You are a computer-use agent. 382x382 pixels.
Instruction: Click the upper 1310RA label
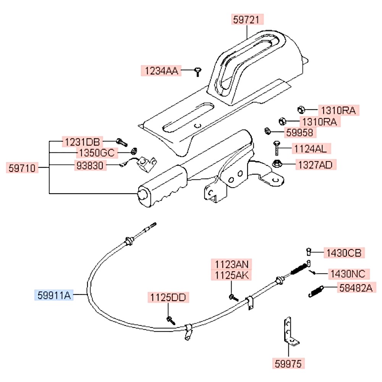click(338, 111)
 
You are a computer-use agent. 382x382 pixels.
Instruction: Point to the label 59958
click(299, 133)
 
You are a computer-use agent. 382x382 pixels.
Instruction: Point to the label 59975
click(289, 363)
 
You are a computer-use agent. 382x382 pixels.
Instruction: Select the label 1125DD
click(168, 297)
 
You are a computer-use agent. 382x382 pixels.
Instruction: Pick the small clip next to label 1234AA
click(198, 71)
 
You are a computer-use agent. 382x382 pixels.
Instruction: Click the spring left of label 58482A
click(316, 291)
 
